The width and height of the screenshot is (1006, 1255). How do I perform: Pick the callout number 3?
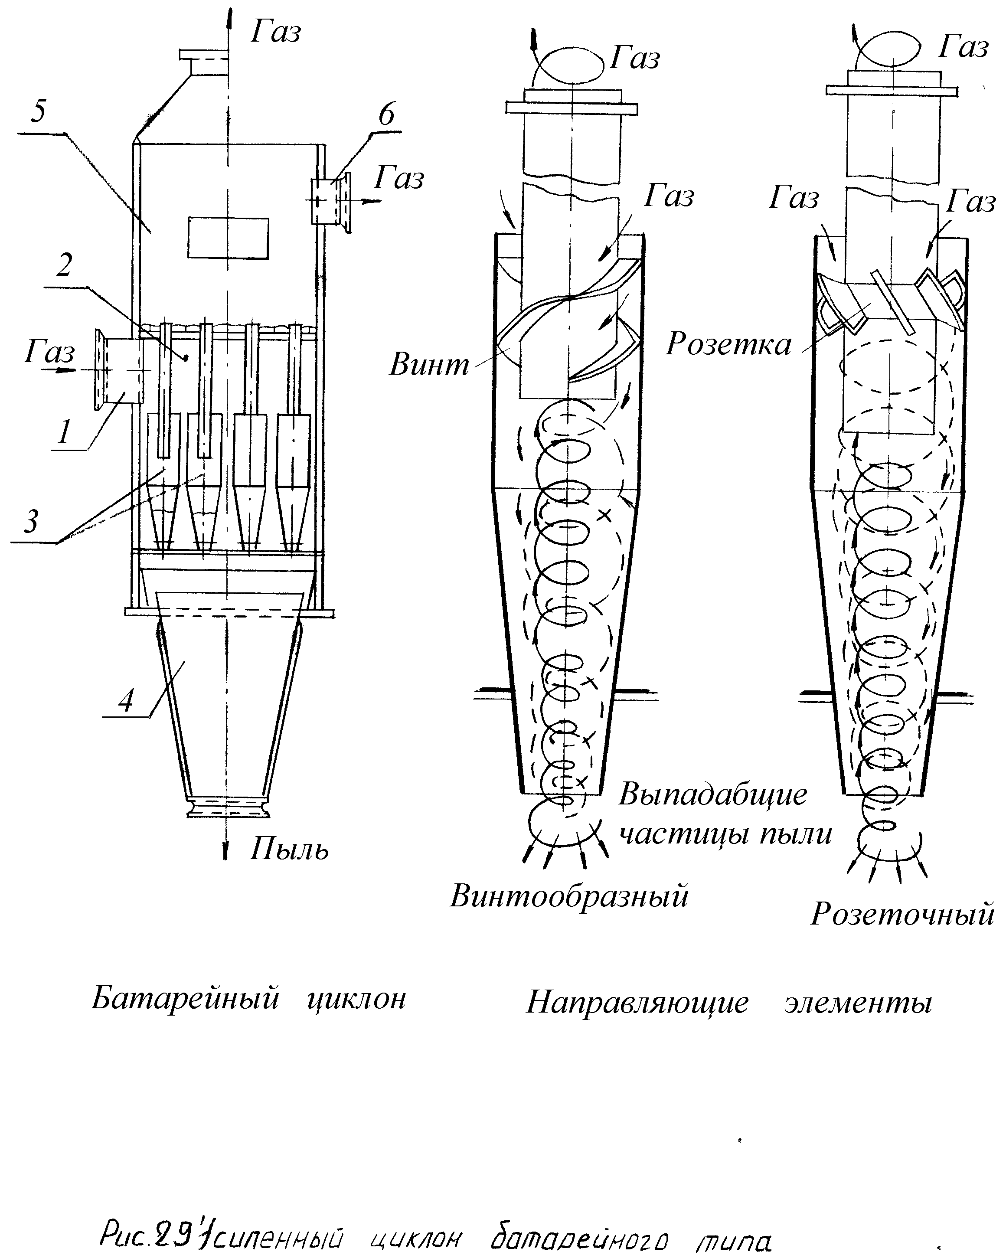(31, 520)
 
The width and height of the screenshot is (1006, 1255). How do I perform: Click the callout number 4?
(126, 700)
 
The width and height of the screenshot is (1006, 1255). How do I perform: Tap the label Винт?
(429, 364)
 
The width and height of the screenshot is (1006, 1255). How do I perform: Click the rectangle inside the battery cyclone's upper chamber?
(228, 238)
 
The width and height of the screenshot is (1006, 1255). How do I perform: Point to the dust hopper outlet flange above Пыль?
(228, 809)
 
